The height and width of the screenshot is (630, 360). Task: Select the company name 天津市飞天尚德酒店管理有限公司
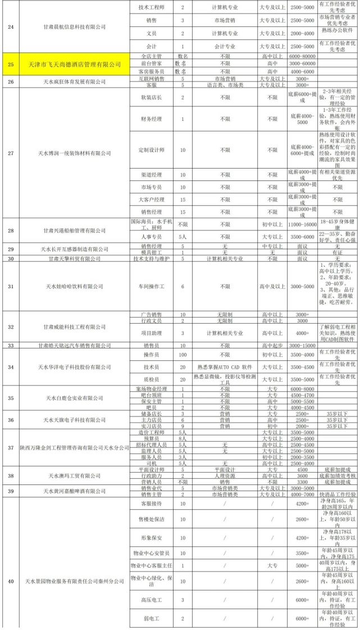75,65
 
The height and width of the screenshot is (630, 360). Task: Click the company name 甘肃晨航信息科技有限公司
75,26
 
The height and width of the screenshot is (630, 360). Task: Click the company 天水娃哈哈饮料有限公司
75,286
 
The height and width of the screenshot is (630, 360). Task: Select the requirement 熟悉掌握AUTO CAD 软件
225,367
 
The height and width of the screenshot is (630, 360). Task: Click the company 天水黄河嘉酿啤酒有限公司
75,491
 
